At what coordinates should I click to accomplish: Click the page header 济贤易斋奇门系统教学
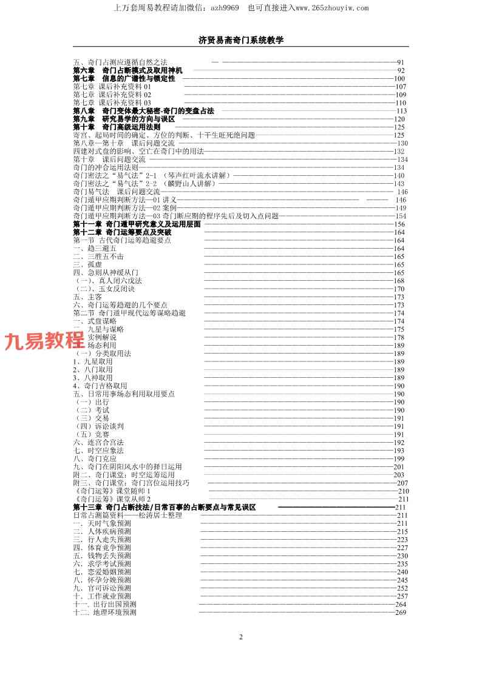(241, 40)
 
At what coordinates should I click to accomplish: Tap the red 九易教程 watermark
(44, 341)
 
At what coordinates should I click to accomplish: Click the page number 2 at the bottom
(241, 637)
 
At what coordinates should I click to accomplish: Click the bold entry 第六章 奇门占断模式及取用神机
(127, 70)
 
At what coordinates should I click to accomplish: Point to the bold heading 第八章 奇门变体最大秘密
(143, 111)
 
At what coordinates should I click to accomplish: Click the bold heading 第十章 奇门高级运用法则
(117, 127)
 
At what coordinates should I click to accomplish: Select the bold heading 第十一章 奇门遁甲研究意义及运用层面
(137, 224)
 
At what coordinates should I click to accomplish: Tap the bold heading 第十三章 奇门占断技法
(164, 507)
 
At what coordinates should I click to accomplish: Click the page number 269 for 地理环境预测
(401, 612)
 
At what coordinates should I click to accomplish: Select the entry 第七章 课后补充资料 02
(112, 95)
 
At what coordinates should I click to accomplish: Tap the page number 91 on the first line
(401, 62)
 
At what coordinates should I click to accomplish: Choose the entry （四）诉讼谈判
(98, 426)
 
